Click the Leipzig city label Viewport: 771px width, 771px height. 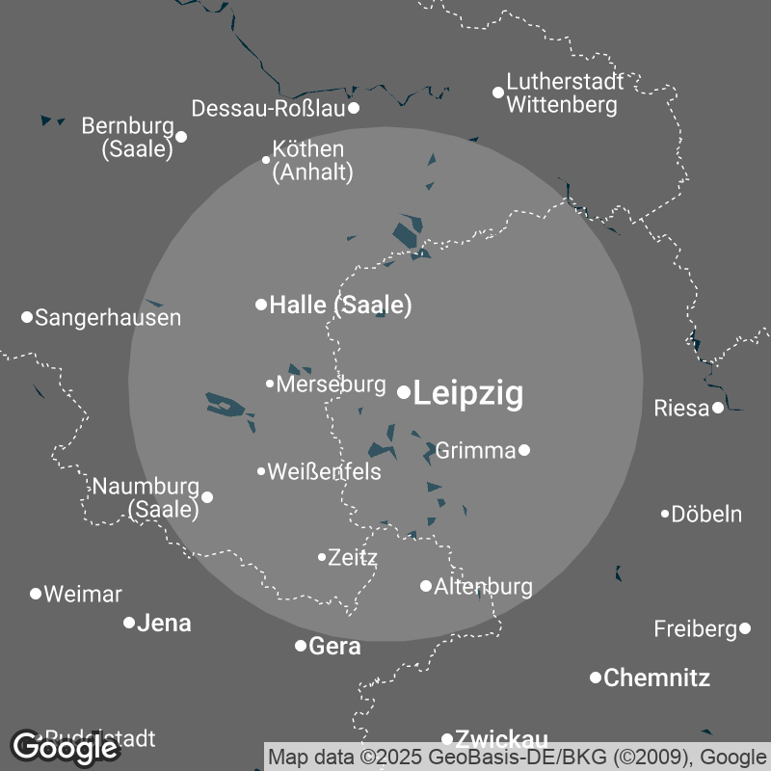click(x=468, y=393)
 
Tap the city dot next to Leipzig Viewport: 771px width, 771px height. click(x=404, y=391)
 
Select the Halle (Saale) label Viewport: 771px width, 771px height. click(x=340, y=306)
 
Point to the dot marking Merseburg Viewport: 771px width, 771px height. click(x=270, y=384)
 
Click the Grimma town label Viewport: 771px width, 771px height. click(x=476, y=450)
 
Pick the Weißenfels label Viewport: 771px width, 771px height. click(x=324, y=472)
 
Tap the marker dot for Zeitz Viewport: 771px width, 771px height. click(x=322, y=556)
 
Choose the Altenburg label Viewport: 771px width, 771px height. click(x=484, y=586)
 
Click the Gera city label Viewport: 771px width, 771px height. click(x=335, y=646)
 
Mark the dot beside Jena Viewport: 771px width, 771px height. click(x=129, y=623)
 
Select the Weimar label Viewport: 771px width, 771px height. click(x=83, y=594)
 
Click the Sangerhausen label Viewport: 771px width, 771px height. click(x=108, y=317)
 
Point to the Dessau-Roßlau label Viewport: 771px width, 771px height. click(x=268, y=108)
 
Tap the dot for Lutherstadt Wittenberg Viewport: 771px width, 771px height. click(x=498, y=93)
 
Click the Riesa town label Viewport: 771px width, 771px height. click(x=681, y=408)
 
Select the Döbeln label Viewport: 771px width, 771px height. click(x=706, y=514)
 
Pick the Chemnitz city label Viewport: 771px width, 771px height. click(x=657, y=678)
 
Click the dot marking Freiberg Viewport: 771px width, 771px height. click(x=745, y=628)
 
